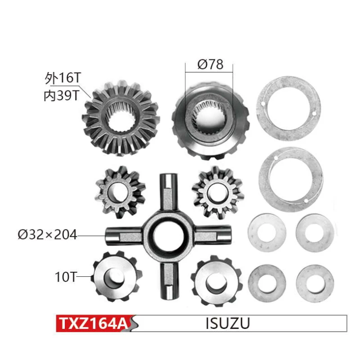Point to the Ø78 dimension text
click(x=210, y=64)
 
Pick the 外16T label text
click(x=63, y=78)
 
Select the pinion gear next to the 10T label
click(x=115, y=277)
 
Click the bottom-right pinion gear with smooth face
click(x=216, y=280)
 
